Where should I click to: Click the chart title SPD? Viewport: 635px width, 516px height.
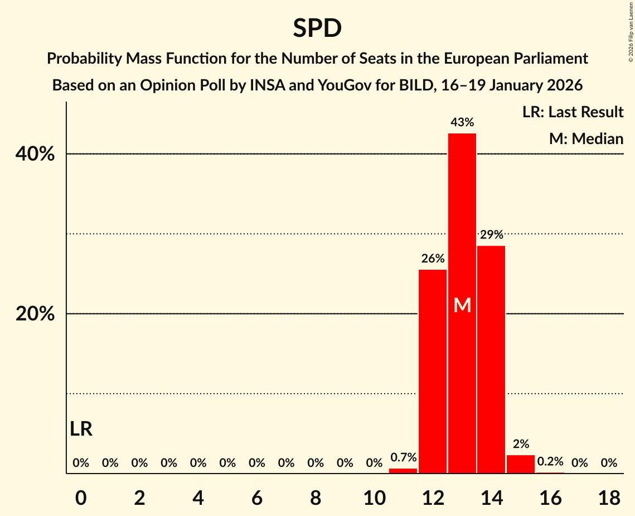pos(317,28)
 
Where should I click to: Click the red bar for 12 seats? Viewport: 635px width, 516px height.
pos(433,371)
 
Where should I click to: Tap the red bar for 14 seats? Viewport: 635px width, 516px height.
pos(491,360)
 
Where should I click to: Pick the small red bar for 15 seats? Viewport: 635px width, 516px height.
pos(521,464)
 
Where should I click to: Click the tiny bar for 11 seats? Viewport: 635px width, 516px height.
pos(403,471)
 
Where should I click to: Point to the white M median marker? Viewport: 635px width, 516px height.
pos(462,305)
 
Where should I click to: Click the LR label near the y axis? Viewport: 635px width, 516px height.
pos(81,429)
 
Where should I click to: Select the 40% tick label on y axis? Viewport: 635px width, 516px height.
pos(35,154)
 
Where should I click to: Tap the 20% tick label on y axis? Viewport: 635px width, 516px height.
pos(35,314)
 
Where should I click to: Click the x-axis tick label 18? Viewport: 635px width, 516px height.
pos(609,498)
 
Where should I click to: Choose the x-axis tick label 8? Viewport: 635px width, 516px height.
pos(316,498)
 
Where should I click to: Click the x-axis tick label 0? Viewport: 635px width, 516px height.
pos(81,498)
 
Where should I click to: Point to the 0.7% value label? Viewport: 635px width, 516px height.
pos(403,457)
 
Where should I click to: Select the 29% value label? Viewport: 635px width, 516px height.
pos(491,235)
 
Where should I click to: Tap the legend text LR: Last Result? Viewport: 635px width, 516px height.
pos(573,112)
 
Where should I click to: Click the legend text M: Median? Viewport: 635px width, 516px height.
pos(586,138)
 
